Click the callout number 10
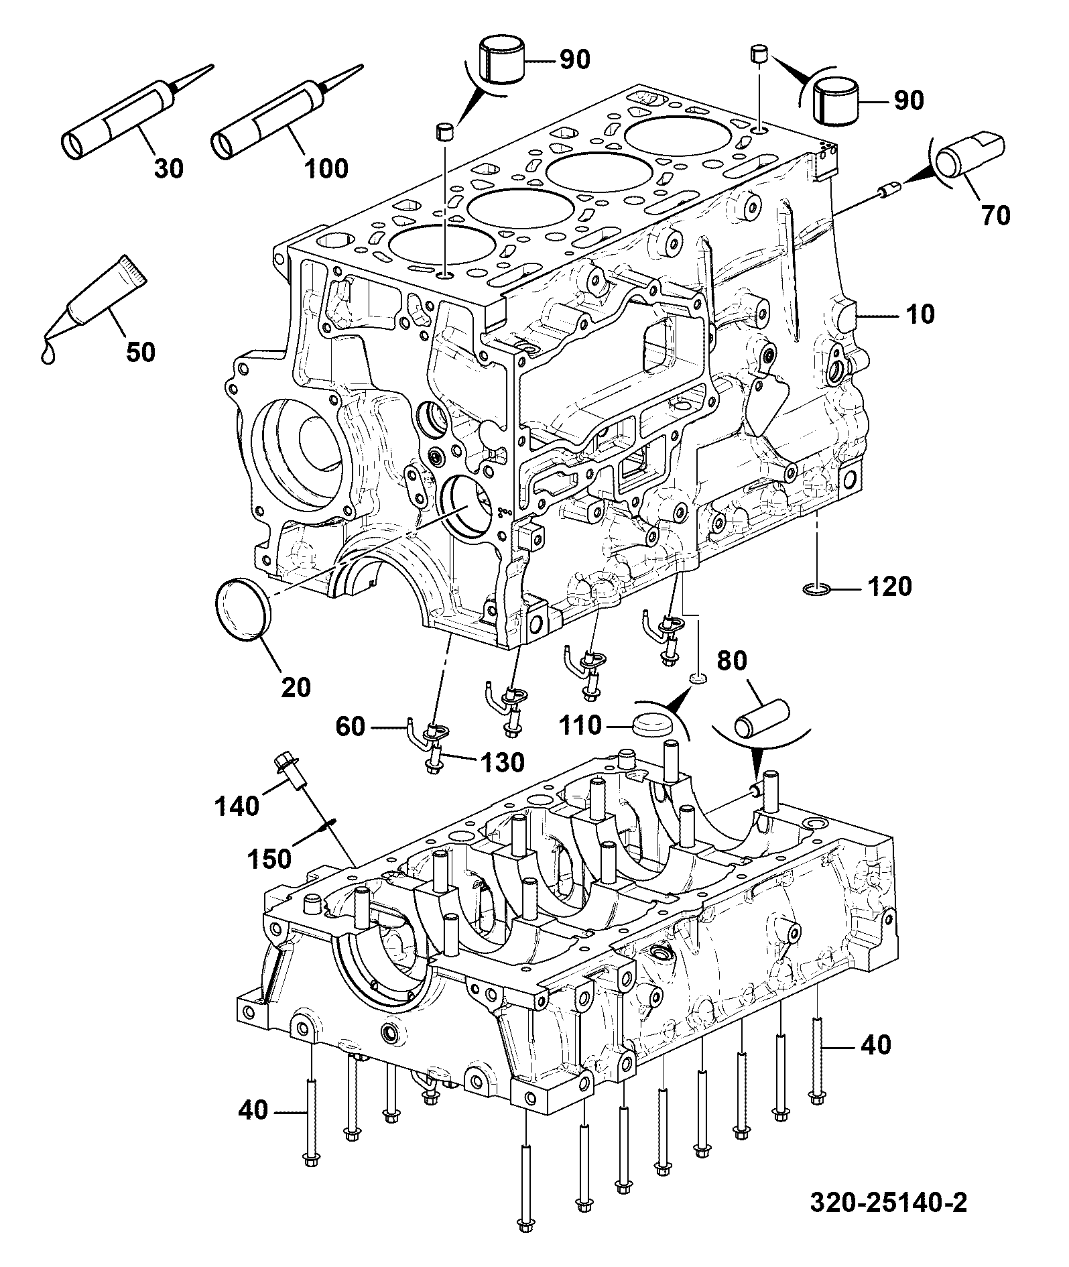click(920, 314)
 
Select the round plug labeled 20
click(244, 610)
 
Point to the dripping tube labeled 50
click(94, 302)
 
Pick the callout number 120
click(890, 587)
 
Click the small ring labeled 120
click(817, 589)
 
